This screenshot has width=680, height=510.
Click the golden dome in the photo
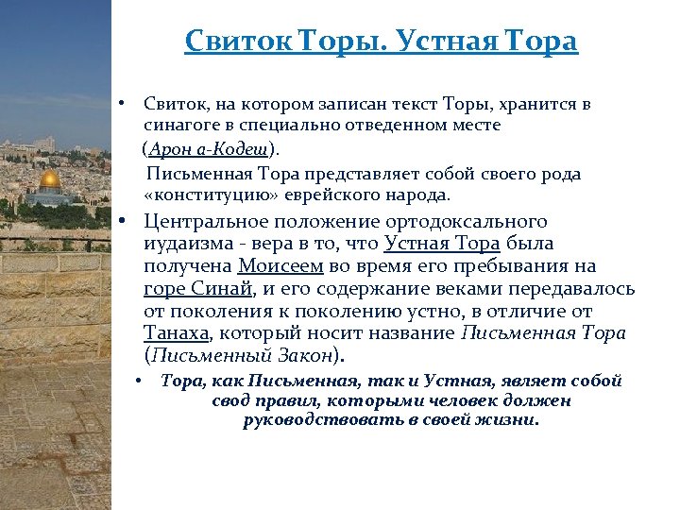(x=50, y=178)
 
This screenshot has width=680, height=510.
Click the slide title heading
(x=381, y=42)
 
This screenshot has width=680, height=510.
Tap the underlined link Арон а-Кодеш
(x=208, y=149)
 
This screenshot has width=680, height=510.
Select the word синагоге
(x=176, y=125)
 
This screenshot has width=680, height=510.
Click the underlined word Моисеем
(x=280, y=267)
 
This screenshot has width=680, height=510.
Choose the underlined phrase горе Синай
(x=199, y=289)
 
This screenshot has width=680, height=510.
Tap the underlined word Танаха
(x=178, y=333)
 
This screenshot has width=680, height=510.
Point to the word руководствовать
(x=324, y=420)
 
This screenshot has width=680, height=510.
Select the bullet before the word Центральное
(x=122, y=222)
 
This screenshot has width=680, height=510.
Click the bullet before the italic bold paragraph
(x=139, y=382)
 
